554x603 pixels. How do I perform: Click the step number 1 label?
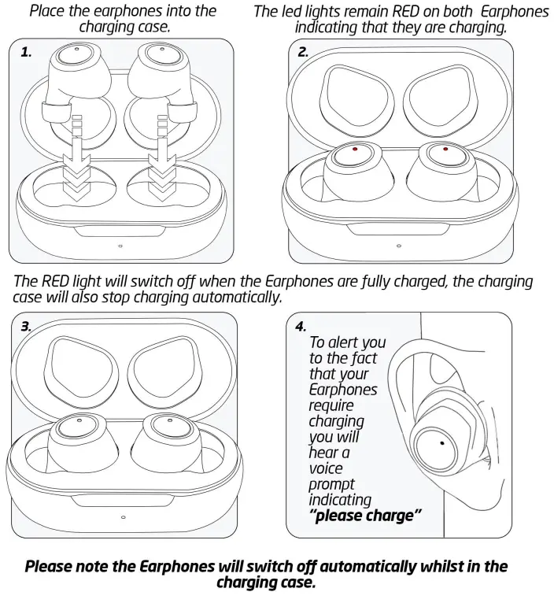tap(26, 53)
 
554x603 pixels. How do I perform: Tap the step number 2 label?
tap(303, 53)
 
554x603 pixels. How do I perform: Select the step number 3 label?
tap(26, 327)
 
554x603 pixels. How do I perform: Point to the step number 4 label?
tap(301, 326)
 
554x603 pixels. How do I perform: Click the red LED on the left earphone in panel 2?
tap(356, 150)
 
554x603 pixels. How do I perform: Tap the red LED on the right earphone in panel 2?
tap(445, 149)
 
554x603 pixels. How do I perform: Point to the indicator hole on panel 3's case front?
tap(124, 517)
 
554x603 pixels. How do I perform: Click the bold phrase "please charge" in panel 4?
tap(364, 516)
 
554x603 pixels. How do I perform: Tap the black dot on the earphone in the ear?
tap(442, 444)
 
